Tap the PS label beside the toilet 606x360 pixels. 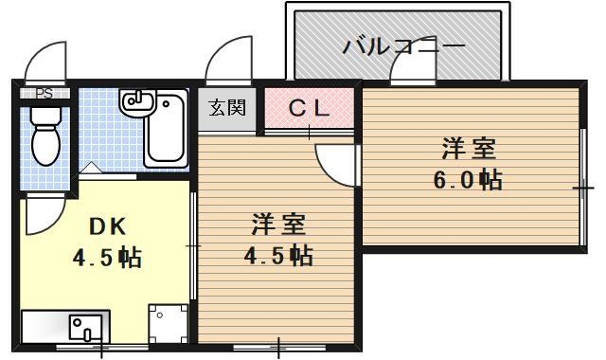coord(44,93)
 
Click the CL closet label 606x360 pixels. coord(309,107)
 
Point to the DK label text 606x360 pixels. coord(107,226)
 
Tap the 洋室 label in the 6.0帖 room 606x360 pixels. coord(469,150)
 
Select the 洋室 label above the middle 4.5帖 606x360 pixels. coord(278,225)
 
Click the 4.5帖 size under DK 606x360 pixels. coord(107,257)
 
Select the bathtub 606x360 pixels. coord(171,127)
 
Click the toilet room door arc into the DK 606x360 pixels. coord(44,216)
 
